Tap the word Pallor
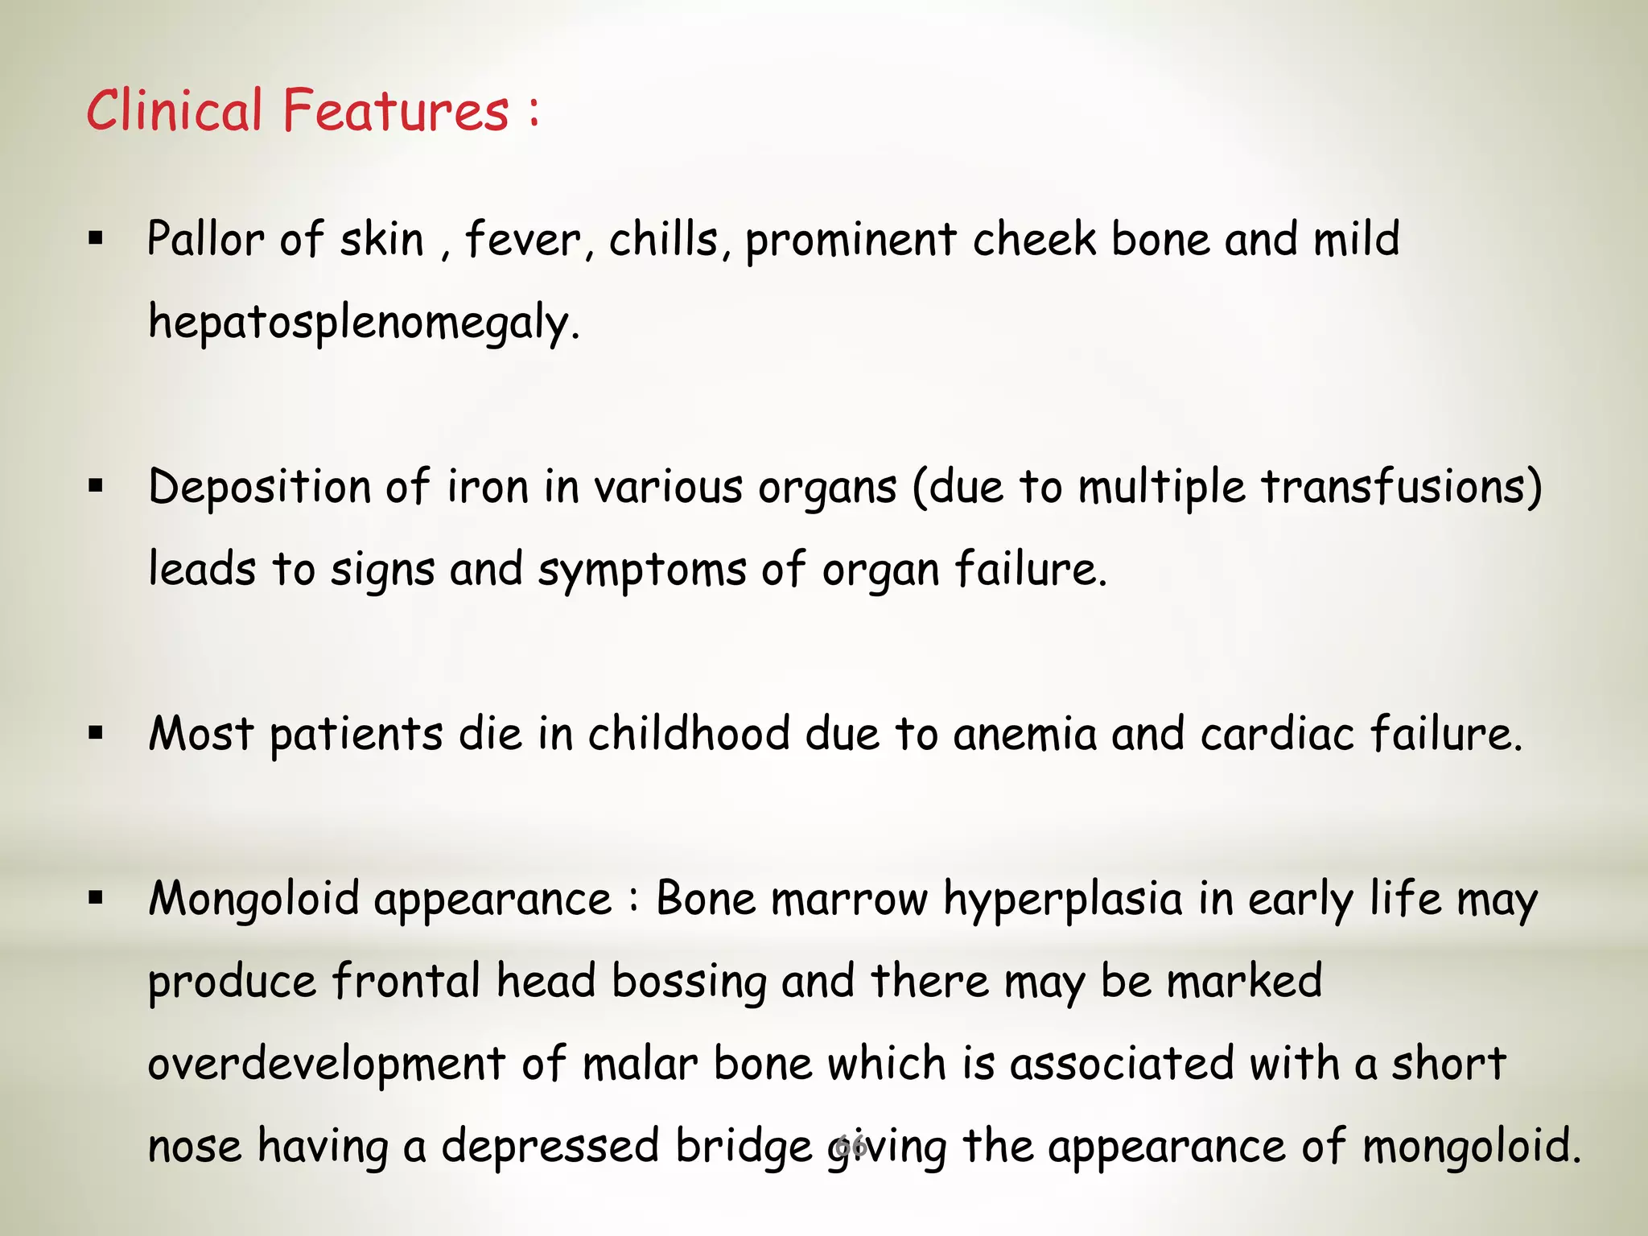[205, 240]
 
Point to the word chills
[663, 240]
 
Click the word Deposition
[259, 488]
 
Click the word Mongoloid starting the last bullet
[253, 900]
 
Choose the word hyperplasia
[1063, 900]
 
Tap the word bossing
[689, 983]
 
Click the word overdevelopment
[327, 1065]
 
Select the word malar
[641, 1065]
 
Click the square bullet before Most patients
[97, 733]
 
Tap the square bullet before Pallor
[97, 238]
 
